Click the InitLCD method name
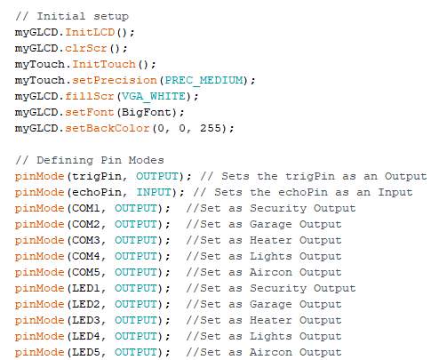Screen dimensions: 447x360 click(x=90, y=32)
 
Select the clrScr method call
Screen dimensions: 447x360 click(x=86, y=48)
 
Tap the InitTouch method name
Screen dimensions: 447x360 click(x=104, y=64)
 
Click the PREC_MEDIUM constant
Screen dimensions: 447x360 click(x=204, y=80)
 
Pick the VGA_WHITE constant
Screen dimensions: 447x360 click(x=154, y=96)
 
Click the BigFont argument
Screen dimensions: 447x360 click(x=147, y=112)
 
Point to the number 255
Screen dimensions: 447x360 click(x=211, y=128)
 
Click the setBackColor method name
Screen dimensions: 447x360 click(x=108, y=128)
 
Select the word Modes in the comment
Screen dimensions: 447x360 click(x=147, y=160)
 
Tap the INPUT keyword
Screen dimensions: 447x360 click(x=154, y=192)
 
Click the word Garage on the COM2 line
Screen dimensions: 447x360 click(x=270, y=225)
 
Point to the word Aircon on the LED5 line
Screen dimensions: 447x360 click(x=270, y=352)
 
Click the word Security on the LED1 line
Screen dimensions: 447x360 click(x=278, y=289)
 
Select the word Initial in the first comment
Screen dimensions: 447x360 click(x=61, y=16)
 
